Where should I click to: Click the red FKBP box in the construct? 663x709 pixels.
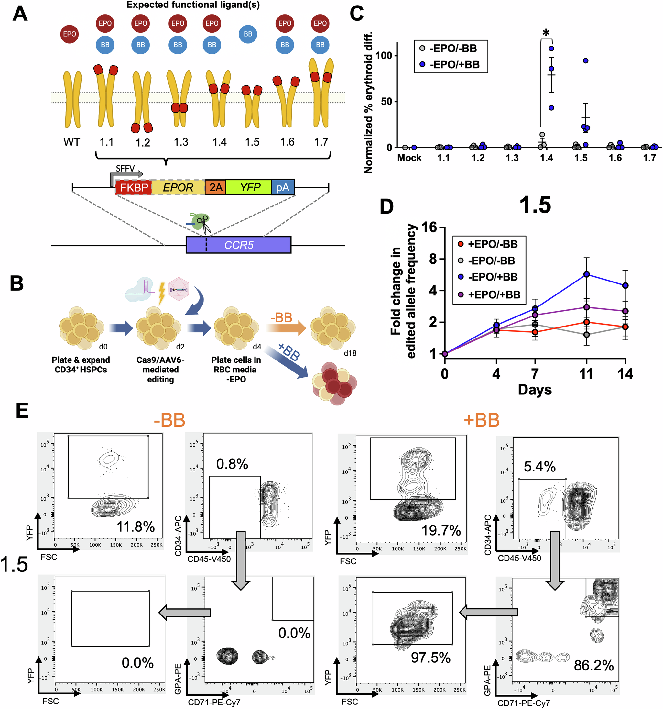(134, 187)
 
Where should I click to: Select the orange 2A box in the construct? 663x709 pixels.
(215, 187)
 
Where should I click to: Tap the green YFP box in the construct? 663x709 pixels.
(249, 187)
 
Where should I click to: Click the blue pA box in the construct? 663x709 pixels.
(283, 187)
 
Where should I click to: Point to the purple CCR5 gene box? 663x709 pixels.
(238, 245)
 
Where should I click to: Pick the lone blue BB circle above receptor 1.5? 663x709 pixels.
(248, 34)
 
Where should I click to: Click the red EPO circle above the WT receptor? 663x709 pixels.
(70, 34)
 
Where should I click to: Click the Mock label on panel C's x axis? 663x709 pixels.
(409, 158)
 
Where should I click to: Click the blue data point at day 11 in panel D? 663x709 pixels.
(586, 274)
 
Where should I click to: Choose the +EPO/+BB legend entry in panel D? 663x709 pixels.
(489, 294)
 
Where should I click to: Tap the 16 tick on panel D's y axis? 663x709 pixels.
(429, 227)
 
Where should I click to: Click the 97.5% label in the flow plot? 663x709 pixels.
(430, 658)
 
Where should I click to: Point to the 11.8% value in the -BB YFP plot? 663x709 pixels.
(136, 527)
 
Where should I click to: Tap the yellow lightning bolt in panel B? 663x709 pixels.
(162, 293)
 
